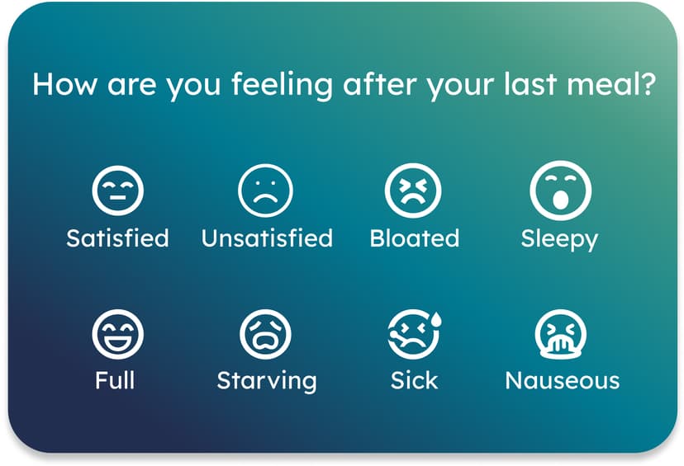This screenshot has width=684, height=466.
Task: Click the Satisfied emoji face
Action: point(118,191)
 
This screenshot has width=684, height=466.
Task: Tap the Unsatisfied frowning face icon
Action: point(265,191)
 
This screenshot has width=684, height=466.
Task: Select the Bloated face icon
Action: point(413,191)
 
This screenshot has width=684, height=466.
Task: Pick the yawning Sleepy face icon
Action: point(561,191)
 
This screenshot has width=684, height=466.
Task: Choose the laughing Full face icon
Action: point(118,334)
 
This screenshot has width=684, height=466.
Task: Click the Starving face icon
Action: point(265,334)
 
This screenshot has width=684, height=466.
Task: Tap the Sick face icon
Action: point(413,334)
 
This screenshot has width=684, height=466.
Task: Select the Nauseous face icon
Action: point(561,334)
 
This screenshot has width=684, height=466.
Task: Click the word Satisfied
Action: point(118,238)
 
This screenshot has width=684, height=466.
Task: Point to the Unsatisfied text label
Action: point(267,238)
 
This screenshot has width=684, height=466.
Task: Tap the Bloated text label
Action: point(415,238)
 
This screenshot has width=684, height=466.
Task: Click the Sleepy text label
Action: point(560,239)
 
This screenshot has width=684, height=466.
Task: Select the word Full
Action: point(115,380)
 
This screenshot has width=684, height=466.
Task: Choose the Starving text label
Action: point(267,382)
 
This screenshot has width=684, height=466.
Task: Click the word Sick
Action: point(414,380)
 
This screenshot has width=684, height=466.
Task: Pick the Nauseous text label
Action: point(563,380)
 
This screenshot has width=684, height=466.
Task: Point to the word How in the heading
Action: point(64,84)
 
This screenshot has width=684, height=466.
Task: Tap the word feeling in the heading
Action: point(283,86)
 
